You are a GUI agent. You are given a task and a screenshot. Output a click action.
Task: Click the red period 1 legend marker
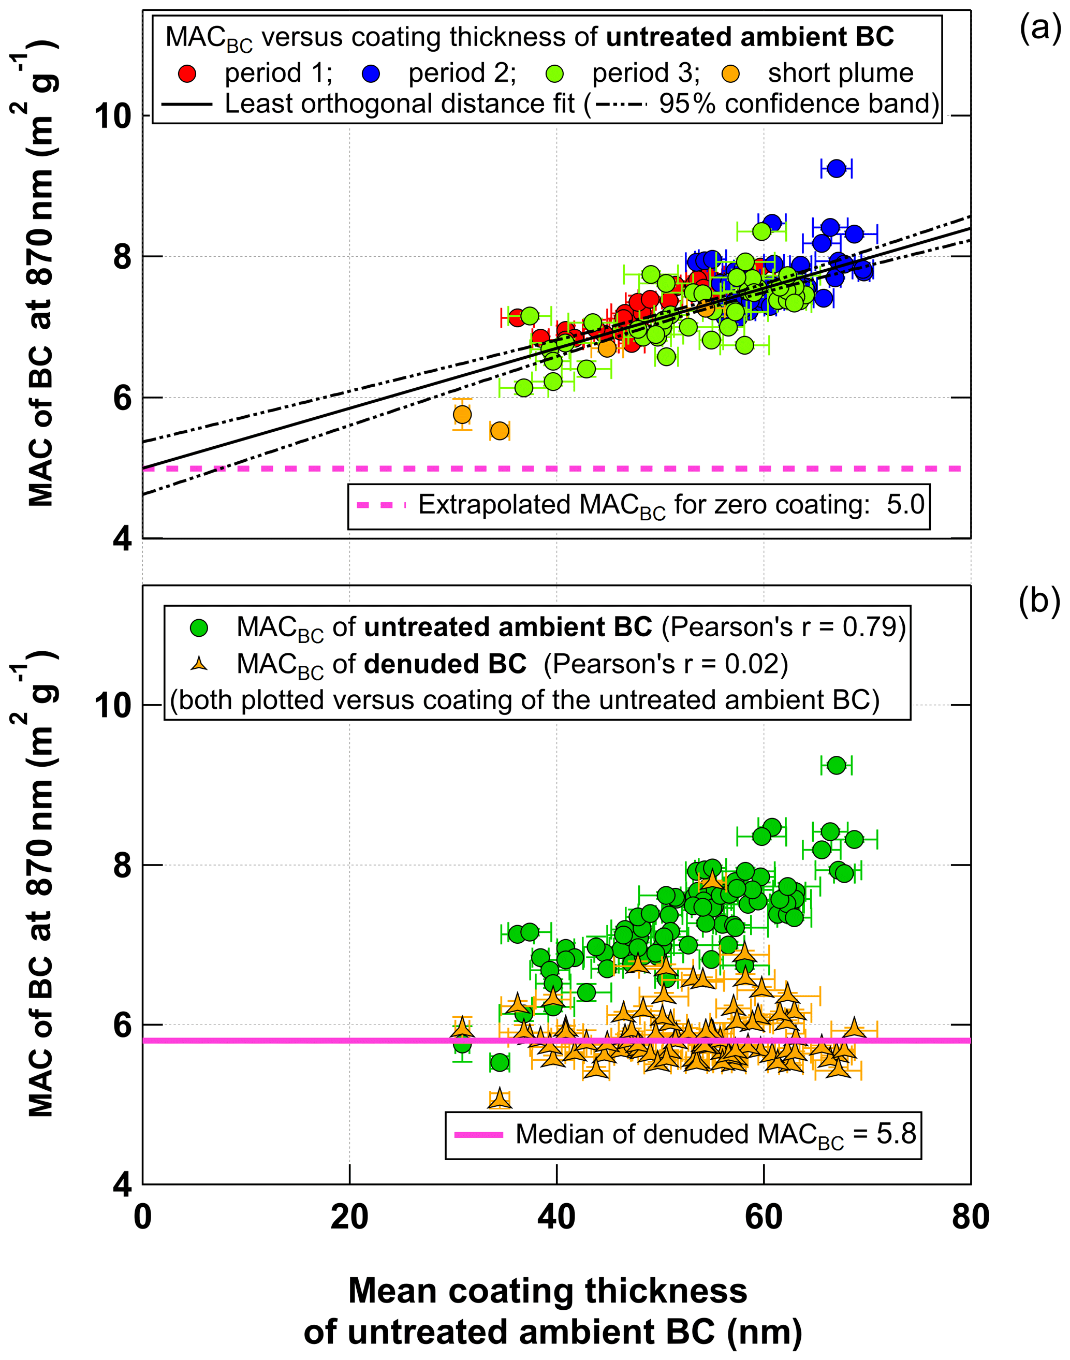click(187, 74)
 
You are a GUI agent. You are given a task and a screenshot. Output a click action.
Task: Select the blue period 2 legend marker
click(371, 74)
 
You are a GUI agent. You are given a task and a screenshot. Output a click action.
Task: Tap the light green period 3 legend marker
click(554, 74)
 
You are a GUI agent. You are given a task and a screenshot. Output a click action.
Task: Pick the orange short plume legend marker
click(730, 74)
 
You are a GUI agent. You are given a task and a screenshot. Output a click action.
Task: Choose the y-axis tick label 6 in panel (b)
click(122, 1025)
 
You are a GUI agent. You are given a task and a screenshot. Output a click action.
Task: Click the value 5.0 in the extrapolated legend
click(905, 504)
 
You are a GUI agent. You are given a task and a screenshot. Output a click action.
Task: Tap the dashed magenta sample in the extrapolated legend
click(381, 505)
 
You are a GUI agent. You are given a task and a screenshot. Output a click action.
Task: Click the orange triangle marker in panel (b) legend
click(199, 663)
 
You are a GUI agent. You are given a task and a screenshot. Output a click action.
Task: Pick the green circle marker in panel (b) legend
click(199, 627)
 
